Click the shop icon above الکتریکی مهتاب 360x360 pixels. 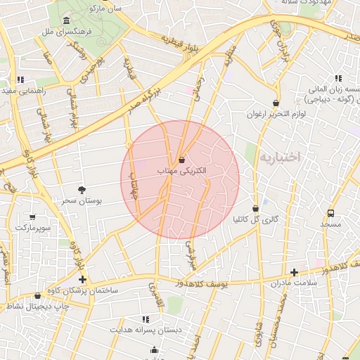click(182, 160)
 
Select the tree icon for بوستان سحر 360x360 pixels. click(82, 189)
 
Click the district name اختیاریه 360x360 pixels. click(280, 157)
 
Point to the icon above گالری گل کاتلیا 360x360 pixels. click(255, 209)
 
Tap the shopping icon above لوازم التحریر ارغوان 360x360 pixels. click(276, 103)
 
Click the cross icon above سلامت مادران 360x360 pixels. click(294, 272)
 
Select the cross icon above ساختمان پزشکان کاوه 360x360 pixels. click(82, 279)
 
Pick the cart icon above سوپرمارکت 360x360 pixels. click(32, 217)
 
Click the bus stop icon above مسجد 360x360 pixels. click(330, 213)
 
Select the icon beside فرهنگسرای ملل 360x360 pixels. click(66, 20)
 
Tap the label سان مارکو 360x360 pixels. click(105, 8)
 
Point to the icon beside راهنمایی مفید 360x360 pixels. click(21, 79)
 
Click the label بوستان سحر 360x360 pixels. click(82, 200)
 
